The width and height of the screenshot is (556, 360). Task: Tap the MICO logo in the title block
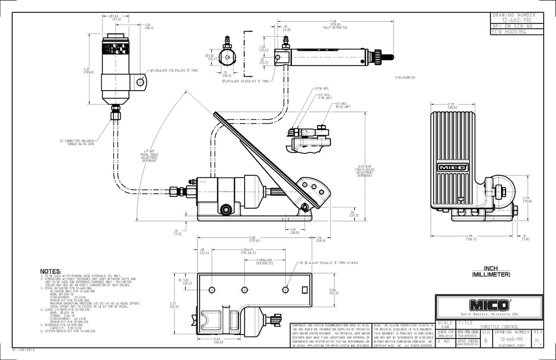click(x=490, y=305)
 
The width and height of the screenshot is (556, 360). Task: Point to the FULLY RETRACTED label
click(x=335, y=27)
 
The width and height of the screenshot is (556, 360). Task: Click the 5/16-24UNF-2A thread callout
click(x=405, y=77)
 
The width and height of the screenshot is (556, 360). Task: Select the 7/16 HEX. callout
click(x=322, y=88)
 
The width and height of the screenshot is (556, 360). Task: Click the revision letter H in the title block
click(x=537, y=339)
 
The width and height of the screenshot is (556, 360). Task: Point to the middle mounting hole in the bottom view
click(x=244, y=289)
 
